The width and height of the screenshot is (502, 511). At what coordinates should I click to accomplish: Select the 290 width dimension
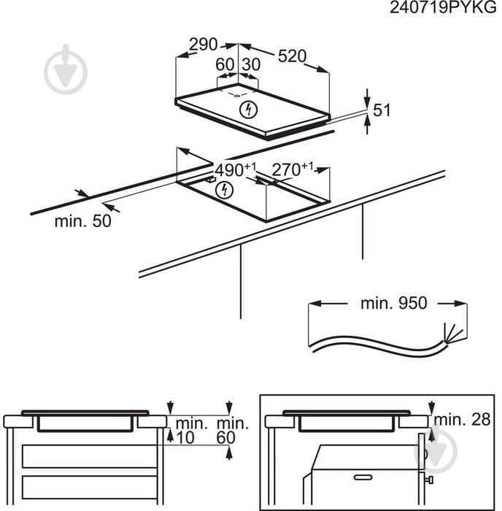point(204,45)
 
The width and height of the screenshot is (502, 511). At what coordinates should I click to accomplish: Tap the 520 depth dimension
point(291,55)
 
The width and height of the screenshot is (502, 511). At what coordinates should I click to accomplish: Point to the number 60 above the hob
point(225,64)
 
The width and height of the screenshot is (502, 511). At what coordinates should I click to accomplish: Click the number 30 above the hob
point(250,64)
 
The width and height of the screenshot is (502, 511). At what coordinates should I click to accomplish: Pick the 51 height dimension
point(382,110)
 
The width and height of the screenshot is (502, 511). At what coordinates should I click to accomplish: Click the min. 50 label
point(83,221)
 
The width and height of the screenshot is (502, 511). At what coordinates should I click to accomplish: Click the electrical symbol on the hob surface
point(250,110)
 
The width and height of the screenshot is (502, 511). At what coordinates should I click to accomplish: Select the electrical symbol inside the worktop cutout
point(225,191)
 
